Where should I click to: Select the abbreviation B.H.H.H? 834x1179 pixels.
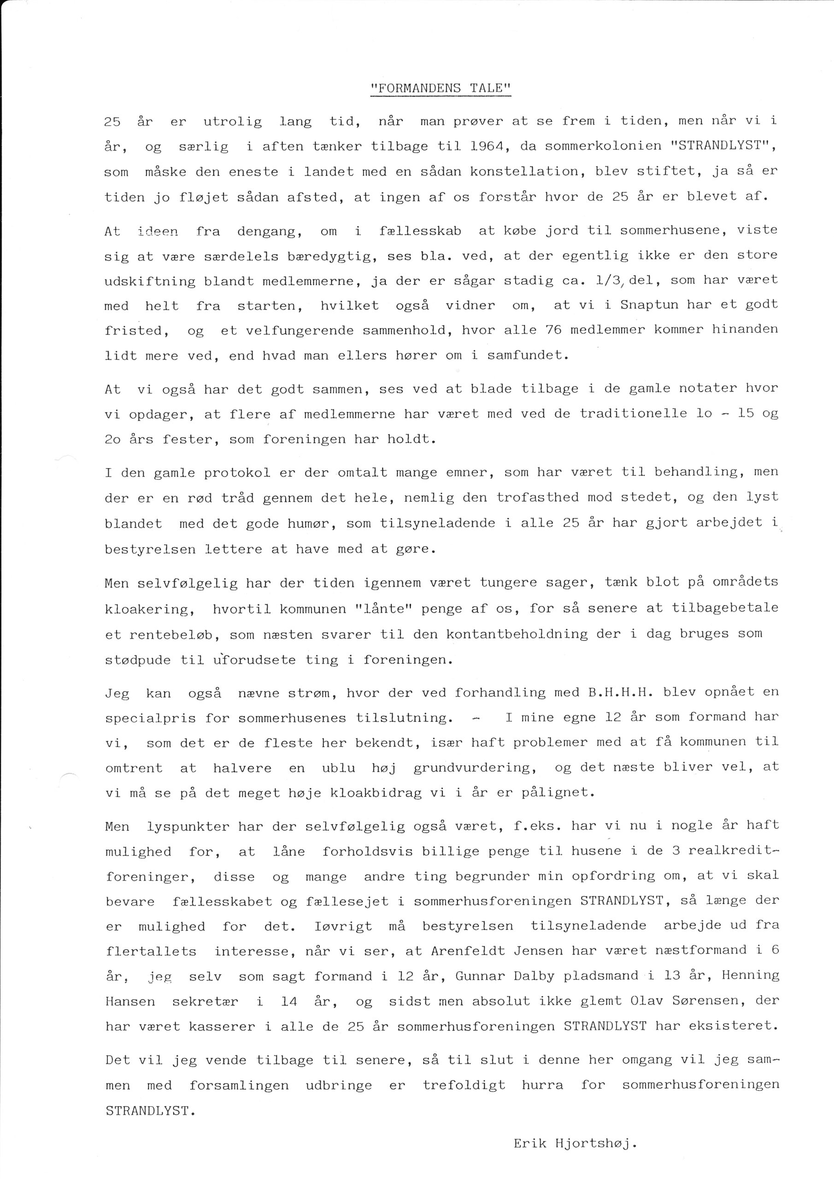tap(620, 693)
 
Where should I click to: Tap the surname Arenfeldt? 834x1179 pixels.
tap(467, 951)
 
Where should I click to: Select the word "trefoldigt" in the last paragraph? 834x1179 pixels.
tap(464, 1085)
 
